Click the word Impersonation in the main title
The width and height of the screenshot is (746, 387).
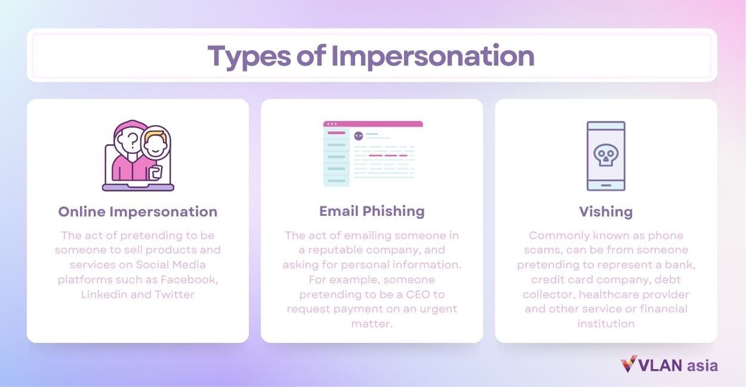point(433,55)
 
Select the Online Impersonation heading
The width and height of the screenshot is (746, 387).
point(138,211)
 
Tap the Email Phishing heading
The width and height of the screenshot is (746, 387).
point(372,211)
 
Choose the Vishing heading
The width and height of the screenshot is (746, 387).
point(606,211)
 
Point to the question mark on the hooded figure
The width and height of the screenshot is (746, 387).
point(132,140)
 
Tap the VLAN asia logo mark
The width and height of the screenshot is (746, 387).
point(628,364)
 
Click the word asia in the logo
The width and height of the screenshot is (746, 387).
point(702,365)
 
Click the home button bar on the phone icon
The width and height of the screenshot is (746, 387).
point(606,184)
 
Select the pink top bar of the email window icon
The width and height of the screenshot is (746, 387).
point(373,124)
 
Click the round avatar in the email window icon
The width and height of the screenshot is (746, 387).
point(358,136)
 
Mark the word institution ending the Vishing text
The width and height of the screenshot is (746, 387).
point(606,324)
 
